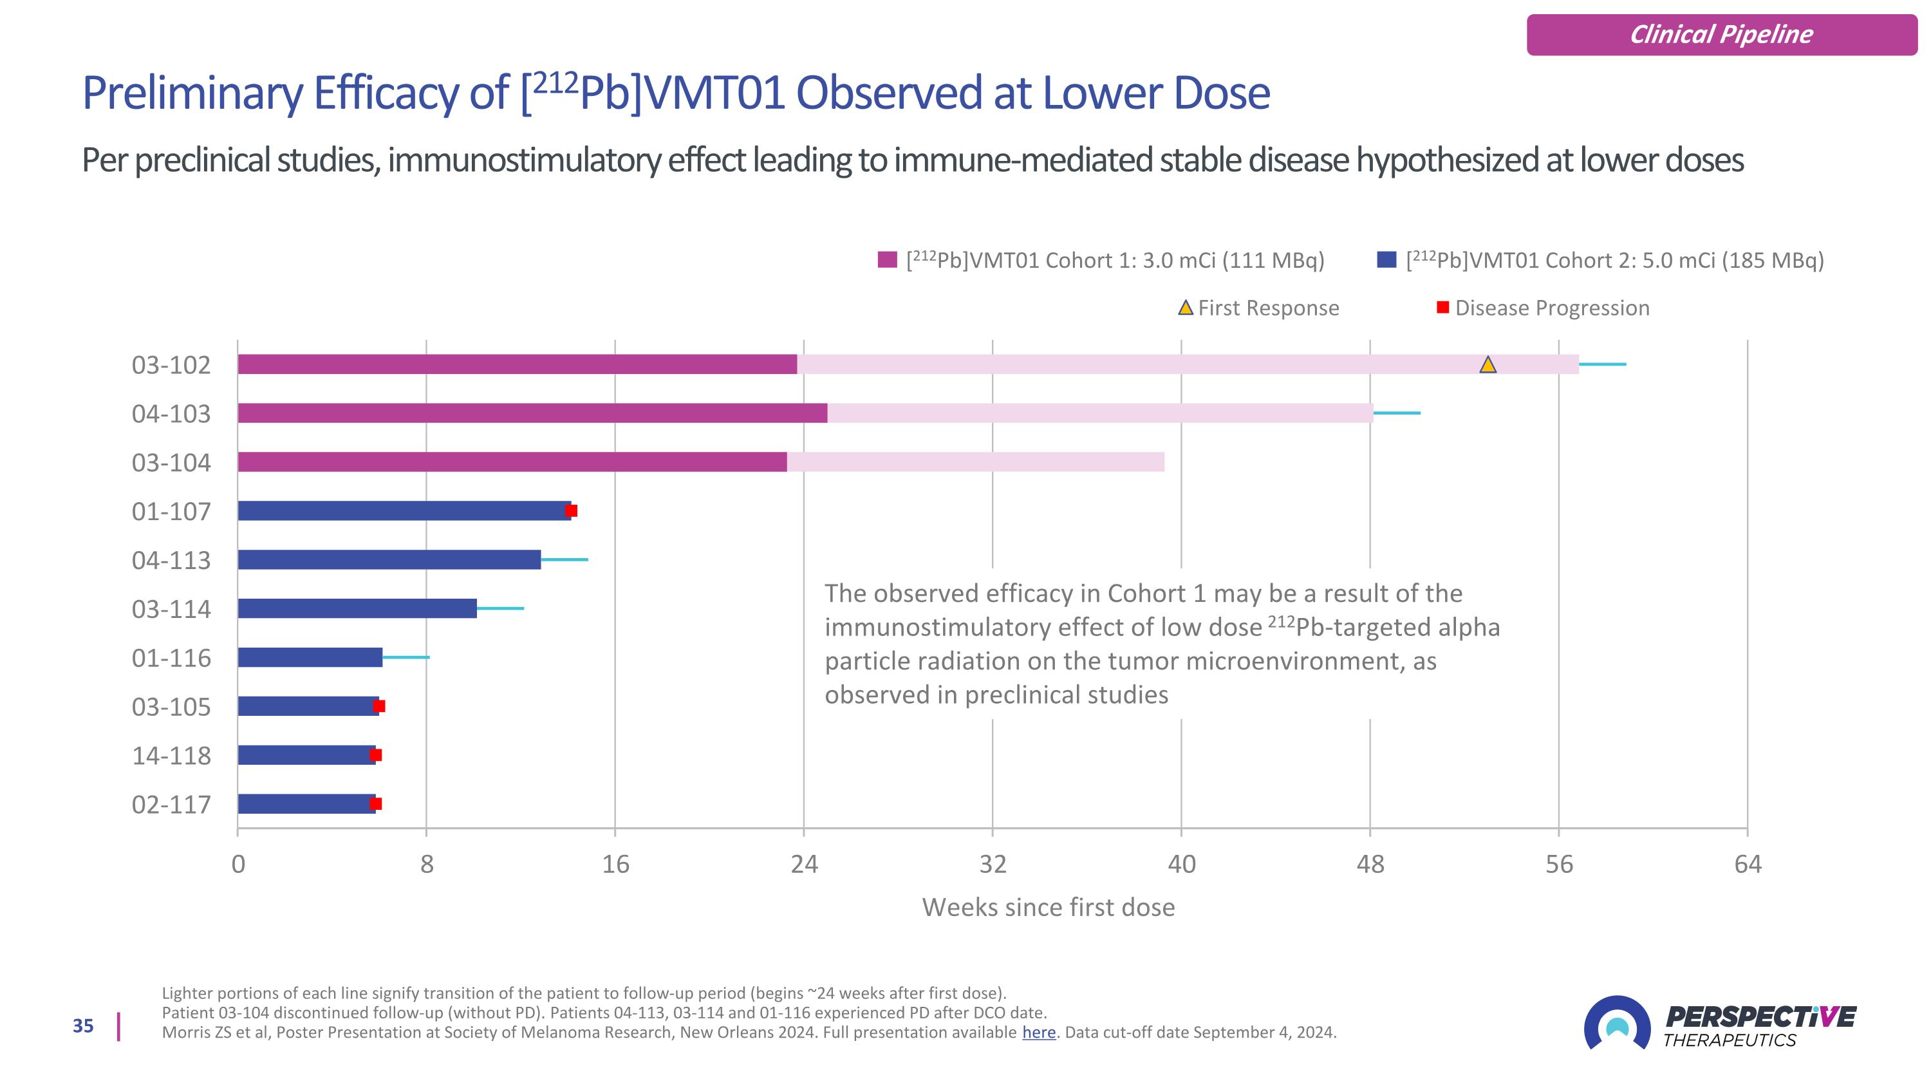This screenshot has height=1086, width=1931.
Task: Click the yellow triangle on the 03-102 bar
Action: (1488, 365)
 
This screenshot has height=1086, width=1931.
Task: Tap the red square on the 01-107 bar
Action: (571, 511)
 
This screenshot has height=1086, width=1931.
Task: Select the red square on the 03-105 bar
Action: (379, 706)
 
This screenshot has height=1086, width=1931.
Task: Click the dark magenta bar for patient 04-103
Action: (532, 413)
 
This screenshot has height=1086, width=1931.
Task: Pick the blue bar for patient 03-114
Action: (357, 608)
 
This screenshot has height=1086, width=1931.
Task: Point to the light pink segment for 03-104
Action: (975, 462)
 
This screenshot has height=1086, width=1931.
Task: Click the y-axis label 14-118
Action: (171, 756)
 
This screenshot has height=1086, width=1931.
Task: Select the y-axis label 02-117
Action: (171, 804)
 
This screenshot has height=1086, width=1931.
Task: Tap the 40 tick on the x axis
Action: (1181, 864)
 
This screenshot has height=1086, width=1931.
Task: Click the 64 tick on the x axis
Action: (1748, 864)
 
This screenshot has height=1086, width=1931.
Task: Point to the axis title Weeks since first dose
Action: (1048, 907)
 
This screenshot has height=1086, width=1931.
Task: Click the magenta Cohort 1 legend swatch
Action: (888, 260)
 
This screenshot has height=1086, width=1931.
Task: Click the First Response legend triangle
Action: (1185, 307)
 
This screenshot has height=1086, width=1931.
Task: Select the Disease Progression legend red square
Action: (1442, 307)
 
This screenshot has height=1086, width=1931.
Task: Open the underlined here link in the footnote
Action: (1038, 1032)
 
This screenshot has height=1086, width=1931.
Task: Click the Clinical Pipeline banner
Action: (1721, 35)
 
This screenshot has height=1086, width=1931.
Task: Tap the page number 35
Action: (83, 1026)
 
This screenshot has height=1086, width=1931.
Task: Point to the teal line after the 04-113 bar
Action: (564, 560)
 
